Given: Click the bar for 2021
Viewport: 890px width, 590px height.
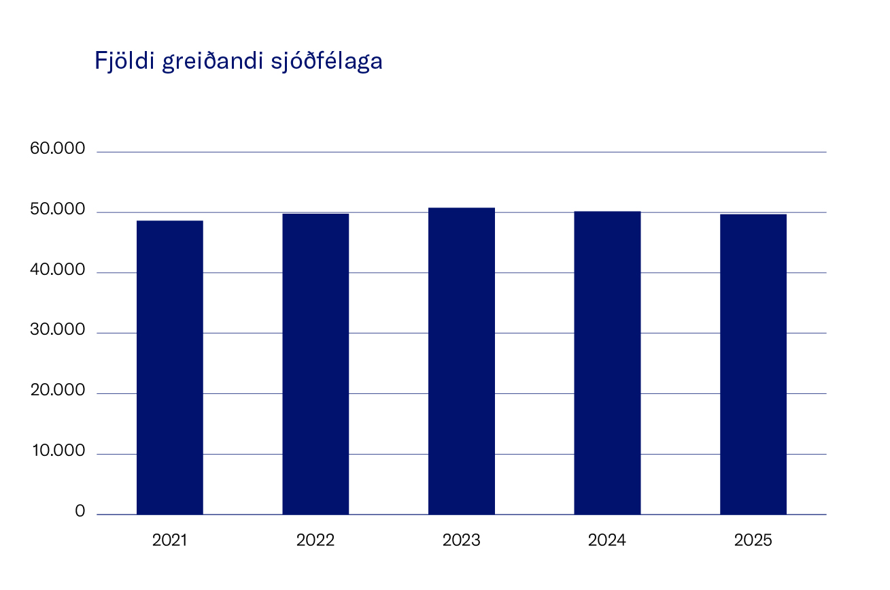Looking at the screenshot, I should [169, 367].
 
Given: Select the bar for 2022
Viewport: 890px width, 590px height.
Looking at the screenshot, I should [315, 364].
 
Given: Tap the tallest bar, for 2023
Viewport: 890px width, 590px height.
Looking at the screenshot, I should [462, 361].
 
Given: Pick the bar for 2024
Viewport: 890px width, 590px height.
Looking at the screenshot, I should [607, 363].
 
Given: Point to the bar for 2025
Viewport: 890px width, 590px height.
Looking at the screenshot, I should [753, 364].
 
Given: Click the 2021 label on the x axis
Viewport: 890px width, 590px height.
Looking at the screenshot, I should [169, 541].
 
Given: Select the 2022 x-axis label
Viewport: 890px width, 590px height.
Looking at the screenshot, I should [315, 541].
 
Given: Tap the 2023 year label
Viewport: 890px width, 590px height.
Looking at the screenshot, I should [462, 541].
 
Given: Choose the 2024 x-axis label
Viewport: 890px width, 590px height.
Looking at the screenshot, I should [607, 541].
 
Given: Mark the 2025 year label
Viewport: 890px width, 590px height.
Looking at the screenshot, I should [753, 541].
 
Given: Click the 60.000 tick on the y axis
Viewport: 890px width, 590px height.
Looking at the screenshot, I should [58, 149].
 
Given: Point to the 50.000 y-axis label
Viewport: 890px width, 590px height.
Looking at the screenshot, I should [58, 210].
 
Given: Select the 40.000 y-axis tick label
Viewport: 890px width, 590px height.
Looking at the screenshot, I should [58, 270].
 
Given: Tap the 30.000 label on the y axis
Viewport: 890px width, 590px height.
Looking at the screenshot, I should [58, 330].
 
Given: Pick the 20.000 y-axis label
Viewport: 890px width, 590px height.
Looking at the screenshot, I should [58, 391].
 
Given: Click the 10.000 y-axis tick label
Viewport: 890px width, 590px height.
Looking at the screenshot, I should [58, 451].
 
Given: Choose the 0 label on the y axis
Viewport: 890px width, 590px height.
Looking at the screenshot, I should [80, 512].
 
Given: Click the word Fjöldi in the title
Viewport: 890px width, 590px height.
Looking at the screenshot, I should [124, 61].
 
